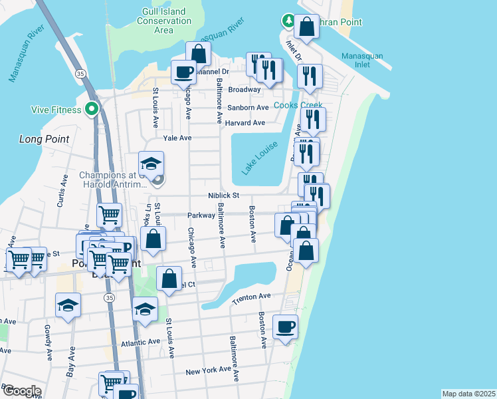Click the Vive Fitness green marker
(92, 108)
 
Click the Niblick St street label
(223, 196)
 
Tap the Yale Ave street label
(177, 138)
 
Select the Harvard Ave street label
(245, 123)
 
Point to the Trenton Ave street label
(252, 300)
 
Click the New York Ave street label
(208, 370)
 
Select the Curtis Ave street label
(62, 191)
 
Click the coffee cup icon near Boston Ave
(285, 327)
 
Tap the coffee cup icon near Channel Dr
(183, 72)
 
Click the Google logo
(21, 391)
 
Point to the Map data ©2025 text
(469, 393)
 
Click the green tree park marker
(288, 21)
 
